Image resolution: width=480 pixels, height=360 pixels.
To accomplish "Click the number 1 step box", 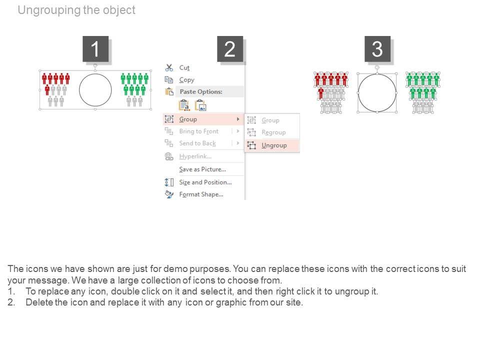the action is click(x=95, y=49).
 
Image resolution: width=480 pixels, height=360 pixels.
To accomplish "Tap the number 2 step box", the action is click(x=230, y=49).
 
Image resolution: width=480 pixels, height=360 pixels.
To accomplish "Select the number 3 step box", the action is click(x=377, y=49).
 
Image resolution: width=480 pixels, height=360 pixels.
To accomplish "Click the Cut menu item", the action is click(x=184, y=67).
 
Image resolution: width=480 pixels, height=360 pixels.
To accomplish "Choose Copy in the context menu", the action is click(x=186, y=80).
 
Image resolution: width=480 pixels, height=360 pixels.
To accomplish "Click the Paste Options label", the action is click(x=201, y=91).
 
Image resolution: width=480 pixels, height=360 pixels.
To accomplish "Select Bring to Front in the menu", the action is click(x=198, y=131).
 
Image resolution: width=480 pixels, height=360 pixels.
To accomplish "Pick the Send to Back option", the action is click(x=197, y=143).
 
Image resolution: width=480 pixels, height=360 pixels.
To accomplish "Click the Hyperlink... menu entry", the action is click(x=195, y=156).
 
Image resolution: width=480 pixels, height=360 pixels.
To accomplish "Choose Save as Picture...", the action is click(x=202, y=169).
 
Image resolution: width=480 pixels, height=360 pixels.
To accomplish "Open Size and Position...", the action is click(x=205, y=182).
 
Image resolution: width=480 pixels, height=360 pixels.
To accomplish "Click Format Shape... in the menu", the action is click(x=201, y=194).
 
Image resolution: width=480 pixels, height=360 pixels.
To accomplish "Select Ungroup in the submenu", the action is click(x=274, y=145).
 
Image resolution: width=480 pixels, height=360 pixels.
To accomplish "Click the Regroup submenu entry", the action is click(x=273, y=132).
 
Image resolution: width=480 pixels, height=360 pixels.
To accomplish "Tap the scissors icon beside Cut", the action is click(x=169, y=67).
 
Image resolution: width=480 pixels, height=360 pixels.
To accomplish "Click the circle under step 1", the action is click(x=95, y=74).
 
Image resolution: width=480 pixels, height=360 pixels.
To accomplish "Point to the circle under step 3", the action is click(x=377, y=74).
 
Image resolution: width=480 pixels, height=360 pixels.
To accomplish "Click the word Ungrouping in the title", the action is click(x=49, y=10).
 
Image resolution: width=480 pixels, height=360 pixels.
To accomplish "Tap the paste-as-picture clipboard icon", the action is click(x=201, y=105).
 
